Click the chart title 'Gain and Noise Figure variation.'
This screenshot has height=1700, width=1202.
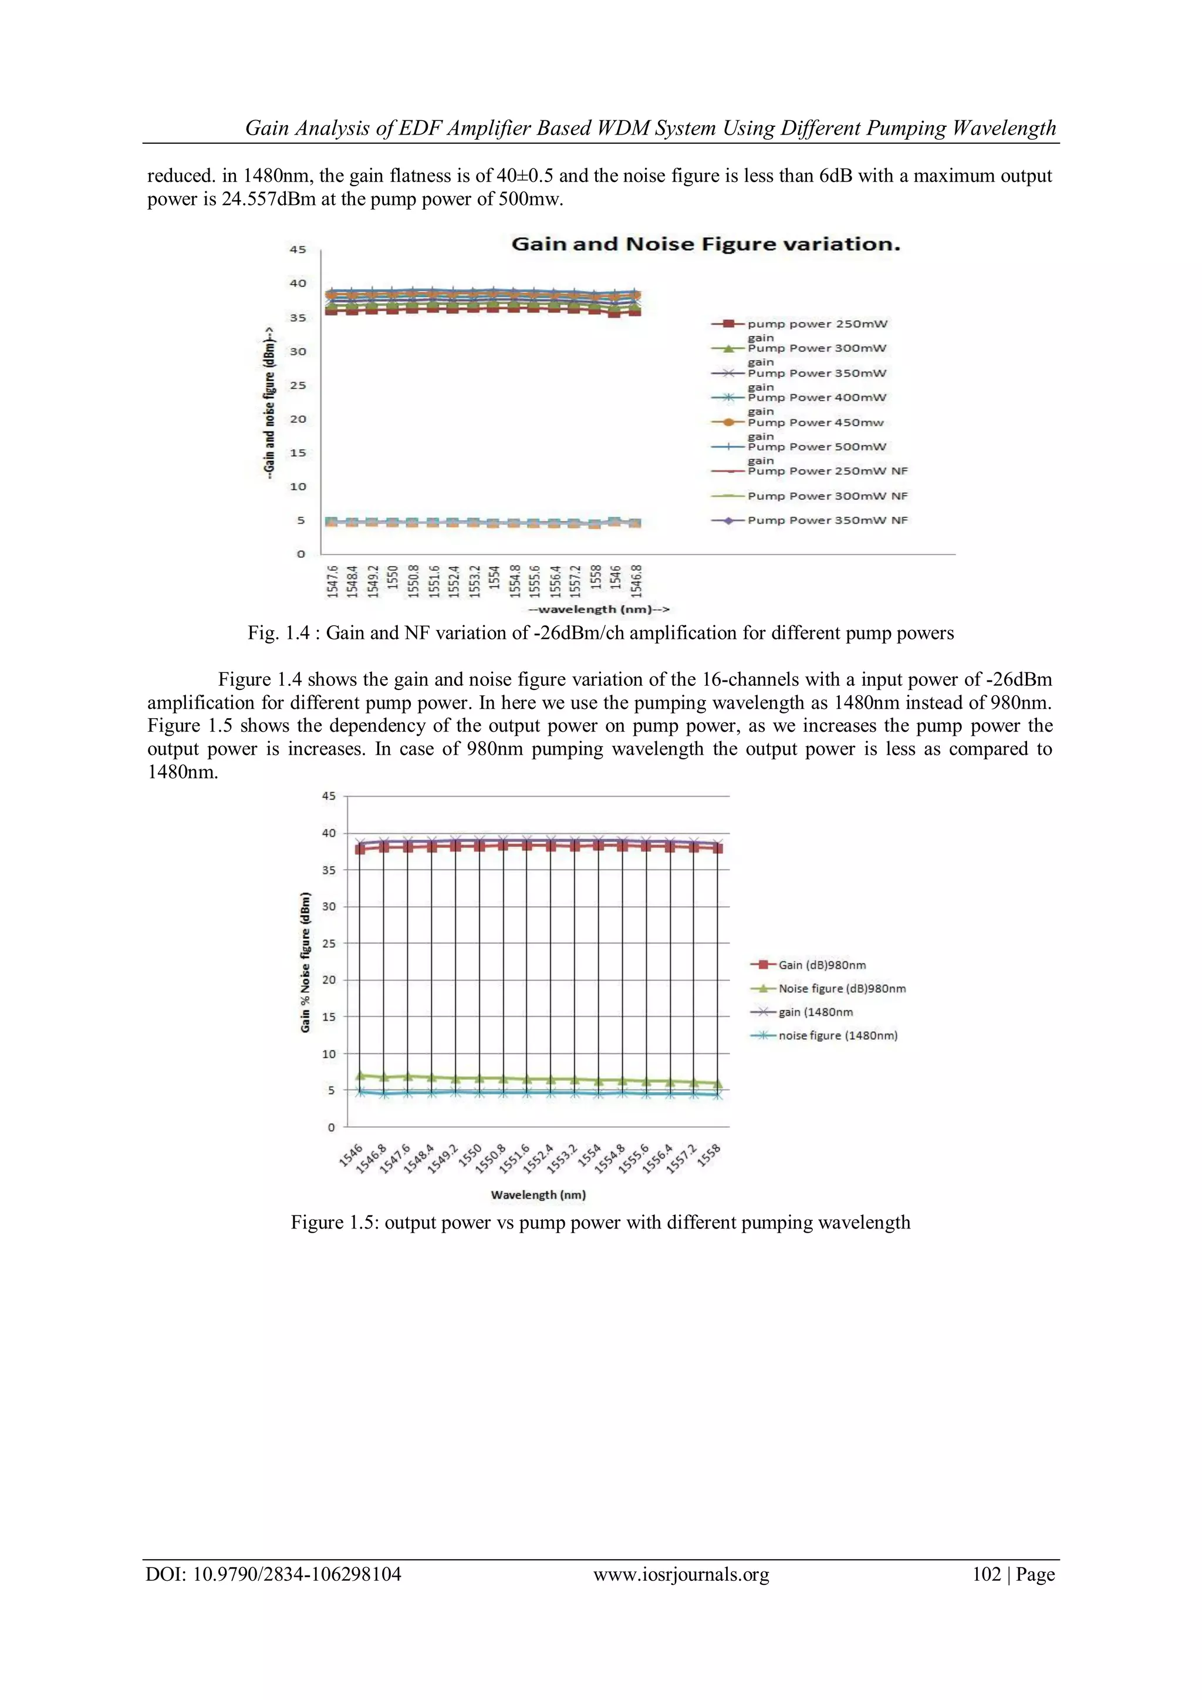pos(705,244)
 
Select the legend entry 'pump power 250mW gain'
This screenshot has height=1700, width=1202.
pos(816,324)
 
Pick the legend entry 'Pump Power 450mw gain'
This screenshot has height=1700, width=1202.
pos(815,423)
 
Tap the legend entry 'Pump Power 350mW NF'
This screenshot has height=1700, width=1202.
pos(827,520)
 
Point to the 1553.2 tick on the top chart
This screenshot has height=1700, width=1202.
pos(474,581)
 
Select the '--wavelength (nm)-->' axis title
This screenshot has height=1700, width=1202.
pos(599,610)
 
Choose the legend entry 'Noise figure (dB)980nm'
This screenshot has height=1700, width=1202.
pos(842,988)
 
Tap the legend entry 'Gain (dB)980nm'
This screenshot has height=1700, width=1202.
pos(822,965)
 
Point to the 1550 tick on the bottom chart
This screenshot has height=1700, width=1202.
pos(471,1156)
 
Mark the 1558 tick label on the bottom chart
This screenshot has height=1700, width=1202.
pos(709,1156)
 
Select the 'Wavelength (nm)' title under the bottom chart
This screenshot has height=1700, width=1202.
pos(538,1195)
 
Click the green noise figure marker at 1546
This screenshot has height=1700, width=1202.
pos(360,1076)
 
